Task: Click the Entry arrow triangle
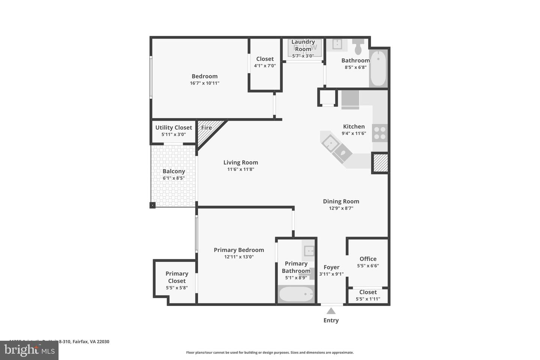(331, 311)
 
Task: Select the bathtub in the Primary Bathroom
(296, 294)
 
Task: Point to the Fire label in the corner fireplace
(206, 128)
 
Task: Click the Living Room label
(241, 162)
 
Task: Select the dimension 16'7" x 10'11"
(204, 83)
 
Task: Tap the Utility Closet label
(174, 127)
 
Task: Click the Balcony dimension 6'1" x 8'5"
(174, 178)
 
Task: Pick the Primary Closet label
(177, 277)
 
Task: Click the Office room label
(368, 259)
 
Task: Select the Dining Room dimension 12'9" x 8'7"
(341, 208)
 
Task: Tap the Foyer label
(331, 267)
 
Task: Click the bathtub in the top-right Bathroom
(378, 69)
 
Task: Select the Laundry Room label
(303, 45)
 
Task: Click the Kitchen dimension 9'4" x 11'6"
(354, 133)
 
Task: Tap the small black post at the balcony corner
(153, 205)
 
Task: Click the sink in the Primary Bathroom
(309, 250)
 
